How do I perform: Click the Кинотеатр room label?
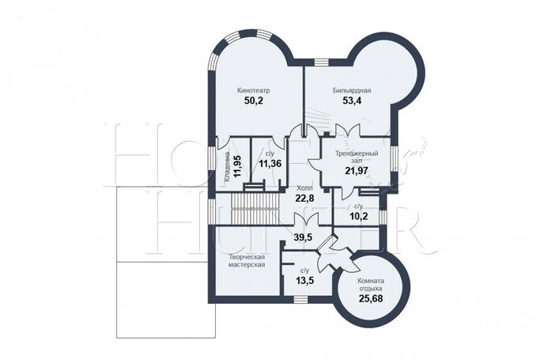(x=254, y=91)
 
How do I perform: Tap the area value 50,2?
(x=254, y=101)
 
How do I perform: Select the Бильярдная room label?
(x=352, y=91)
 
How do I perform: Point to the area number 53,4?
(x=352, y=100)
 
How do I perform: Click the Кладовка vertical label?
(x=227, y=167)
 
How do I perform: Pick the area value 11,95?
(x=237, y=166)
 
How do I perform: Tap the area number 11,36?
(x=270, y=164)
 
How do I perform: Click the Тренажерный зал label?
(x=357, y=157)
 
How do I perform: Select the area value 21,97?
(x=357, y=170)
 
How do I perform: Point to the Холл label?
(x=304, y=188)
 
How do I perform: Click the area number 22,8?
(x=304, y=199)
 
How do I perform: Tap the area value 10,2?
(x=359, y=216)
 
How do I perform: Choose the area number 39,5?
(x=303, y=237)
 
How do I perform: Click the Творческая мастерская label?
(x=247, y=261)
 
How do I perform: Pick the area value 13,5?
(x=304, y=280)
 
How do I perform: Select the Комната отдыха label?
(x=371, y=285)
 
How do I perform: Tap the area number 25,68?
(x=371, y=298)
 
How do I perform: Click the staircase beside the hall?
(x=255, y=208)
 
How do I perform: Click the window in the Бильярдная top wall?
(x=322, y=63)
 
